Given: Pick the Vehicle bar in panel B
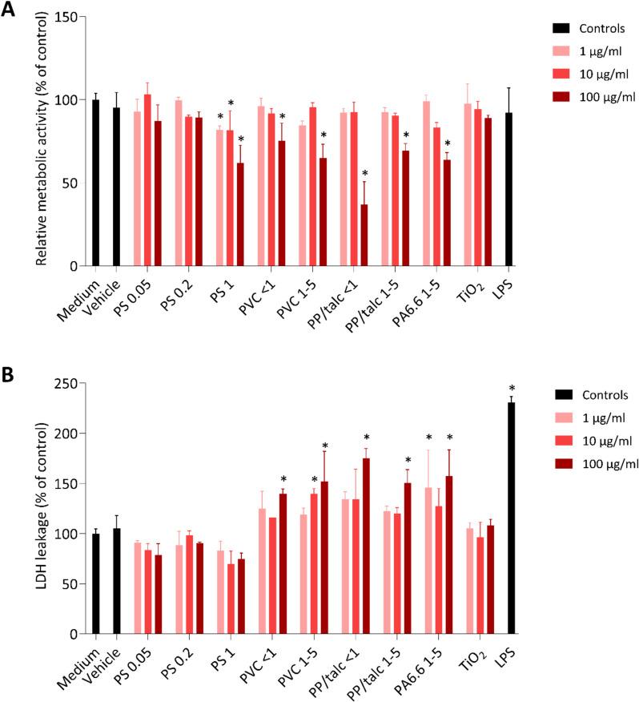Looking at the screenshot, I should point(117,581).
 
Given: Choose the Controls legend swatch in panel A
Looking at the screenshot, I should point(561,30).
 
